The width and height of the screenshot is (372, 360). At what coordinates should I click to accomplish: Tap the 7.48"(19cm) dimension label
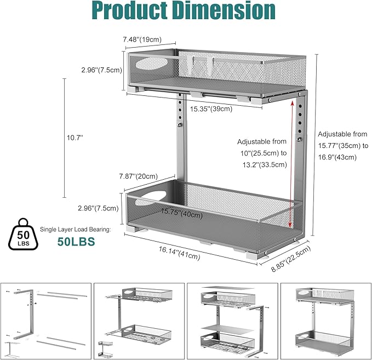[x=142, y=39]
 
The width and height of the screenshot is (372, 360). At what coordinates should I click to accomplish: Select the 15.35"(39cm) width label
[x=211, y=109]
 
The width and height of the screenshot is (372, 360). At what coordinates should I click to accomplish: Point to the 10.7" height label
[x=75, y=138]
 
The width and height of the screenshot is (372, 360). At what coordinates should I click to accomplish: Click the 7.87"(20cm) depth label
[x=138, y=176]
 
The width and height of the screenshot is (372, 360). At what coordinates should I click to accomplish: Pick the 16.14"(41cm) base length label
[x=179, y=253]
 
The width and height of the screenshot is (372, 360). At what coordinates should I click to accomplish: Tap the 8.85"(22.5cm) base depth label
[x=291, y=259]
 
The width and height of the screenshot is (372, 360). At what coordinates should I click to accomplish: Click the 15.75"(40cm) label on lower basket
[x=182, y=214]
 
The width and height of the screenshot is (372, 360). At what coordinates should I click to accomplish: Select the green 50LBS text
[x=76, y=242]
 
